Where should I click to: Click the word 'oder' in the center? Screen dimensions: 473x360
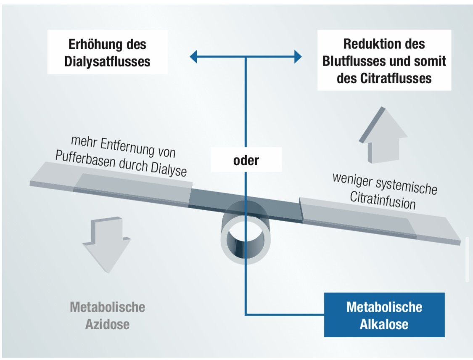pyautogui.click(x=246, y=160)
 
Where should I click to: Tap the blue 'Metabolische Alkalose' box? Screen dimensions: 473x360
pyautogui.click(x=384, y=315)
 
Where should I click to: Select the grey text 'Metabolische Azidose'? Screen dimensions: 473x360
pyautogui.click(x=107, y=315)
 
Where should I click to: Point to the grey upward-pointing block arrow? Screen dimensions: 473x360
pyautogui.click(x=383, y=135)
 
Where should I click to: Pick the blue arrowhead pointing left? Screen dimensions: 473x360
pyautogui.click(x=194, y=56)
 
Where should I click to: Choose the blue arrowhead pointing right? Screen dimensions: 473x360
pyautogui.click(x=298, y=56)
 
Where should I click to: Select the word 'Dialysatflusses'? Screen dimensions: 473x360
pyautogui.click(x=107, y=61)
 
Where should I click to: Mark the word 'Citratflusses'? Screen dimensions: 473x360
pyautogui.click(x=396, y=79)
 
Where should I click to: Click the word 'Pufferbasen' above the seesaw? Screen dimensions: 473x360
pyautogui.click(x=85, y=159)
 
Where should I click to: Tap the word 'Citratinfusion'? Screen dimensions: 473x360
pyautogui.click(x=383, y=200)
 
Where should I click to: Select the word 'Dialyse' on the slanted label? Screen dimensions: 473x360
pyautogui.click(x=168, y=169)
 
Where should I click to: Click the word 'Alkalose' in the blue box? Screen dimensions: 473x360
pyautogui.click(x=384, y=324)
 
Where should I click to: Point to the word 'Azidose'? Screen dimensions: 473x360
pyautogui.click(x=107, y=324)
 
